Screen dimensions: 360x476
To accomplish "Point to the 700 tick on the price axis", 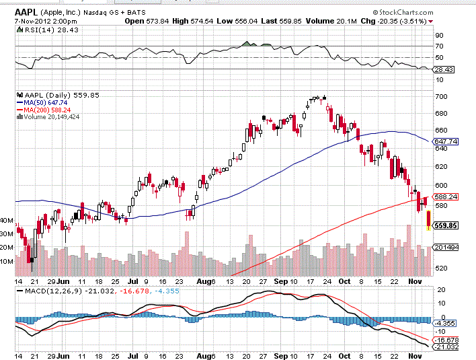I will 440,97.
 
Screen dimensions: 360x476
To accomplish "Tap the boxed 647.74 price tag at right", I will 446,142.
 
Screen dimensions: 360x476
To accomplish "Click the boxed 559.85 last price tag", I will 446,225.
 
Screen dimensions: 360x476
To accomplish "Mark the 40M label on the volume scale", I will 7,221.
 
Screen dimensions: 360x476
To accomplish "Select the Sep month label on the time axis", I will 280,281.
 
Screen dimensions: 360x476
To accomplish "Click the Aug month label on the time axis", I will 204,281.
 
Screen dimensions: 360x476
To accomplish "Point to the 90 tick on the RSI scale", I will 438,35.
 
